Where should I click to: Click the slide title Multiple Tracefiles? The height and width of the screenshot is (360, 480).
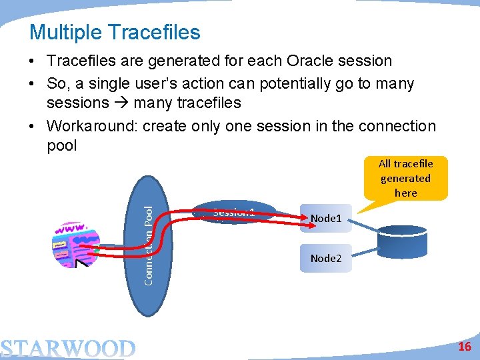115,32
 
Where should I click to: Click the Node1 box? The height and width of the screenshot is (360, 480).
325,218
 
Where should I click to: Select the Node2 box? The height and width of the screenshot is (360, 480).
325,258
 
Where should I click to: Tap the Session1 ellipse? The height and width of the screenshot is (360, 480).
234,213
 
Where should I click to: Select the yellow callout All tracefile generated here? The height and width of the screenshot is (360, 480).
405,178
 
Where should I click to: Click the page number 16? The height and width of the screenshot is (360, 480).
465,347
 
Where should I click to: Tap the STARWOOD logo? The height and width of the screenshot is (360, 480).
68,349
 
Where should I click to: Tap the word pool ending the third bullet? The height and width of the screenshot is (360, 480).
62,145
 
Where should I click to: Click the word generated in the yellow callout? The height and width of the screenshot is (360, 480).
405,178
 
